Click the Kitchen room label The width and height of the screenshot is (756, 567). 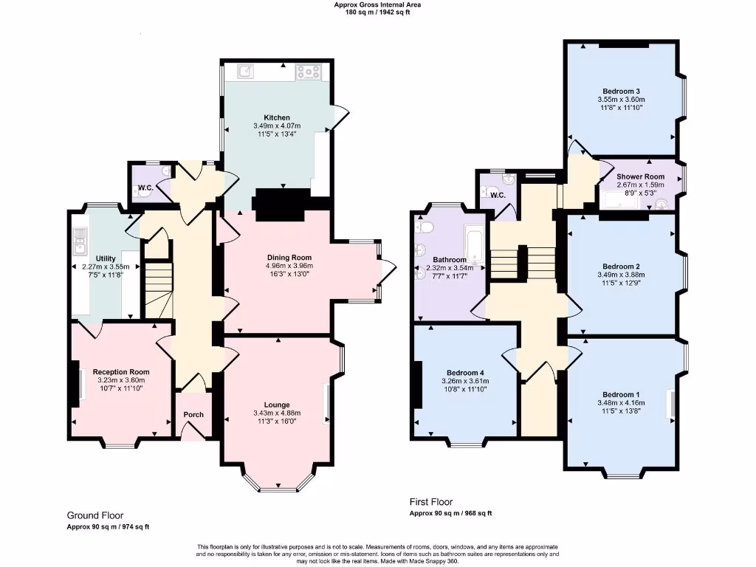[x=277, y=117]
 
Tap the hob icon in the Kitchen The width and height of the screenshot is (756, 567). [x=308, y=72]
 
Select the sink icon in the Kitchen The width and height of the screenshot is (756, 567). [x=246, y=72]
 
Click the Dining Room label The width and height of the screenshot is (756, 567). [x=277, y=257]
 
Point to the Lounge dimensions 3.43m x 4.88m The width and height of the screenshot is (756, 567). [x=277, y=413]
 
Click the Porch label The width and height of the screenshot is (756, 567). [x=193, y=414]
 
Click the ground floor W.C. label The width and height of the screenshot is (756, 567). [x=145, y=188]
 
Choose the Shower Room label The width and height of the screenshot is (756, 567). [x=641, y=176]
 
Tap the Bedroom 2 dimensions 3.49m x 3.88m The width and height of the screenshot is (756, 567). [x=620, y=275]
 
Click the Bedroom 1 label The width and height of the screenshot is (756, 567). [x=620, y=394]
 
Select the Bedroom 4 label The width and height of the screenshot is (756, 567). [x=465, y=373]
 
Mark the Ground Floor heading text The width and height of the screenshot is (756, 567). [x=95, y=515]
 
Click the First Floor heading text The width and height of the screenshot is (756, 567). [x=431, y=502]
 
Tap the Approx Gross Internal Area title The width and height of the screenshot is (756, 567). [x=377, y=4]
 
